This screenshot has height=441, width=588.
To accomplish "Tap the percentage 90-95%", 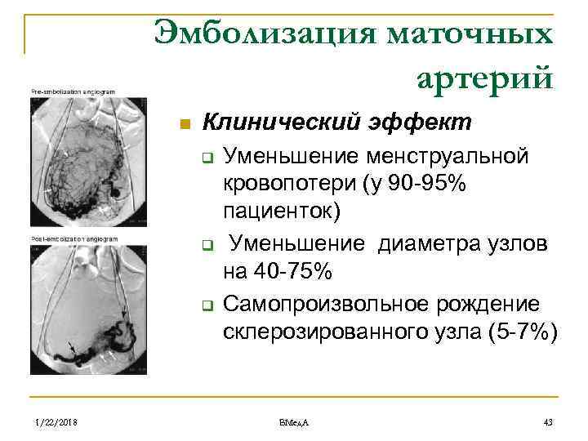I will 427,184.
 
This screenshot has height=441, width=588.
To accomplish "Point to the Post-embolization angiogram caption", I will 75,238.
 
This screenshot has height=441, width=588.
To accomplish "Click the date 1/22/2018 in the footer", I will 56,421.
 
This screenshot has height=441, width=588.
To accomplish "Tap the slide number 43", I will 548,421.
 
